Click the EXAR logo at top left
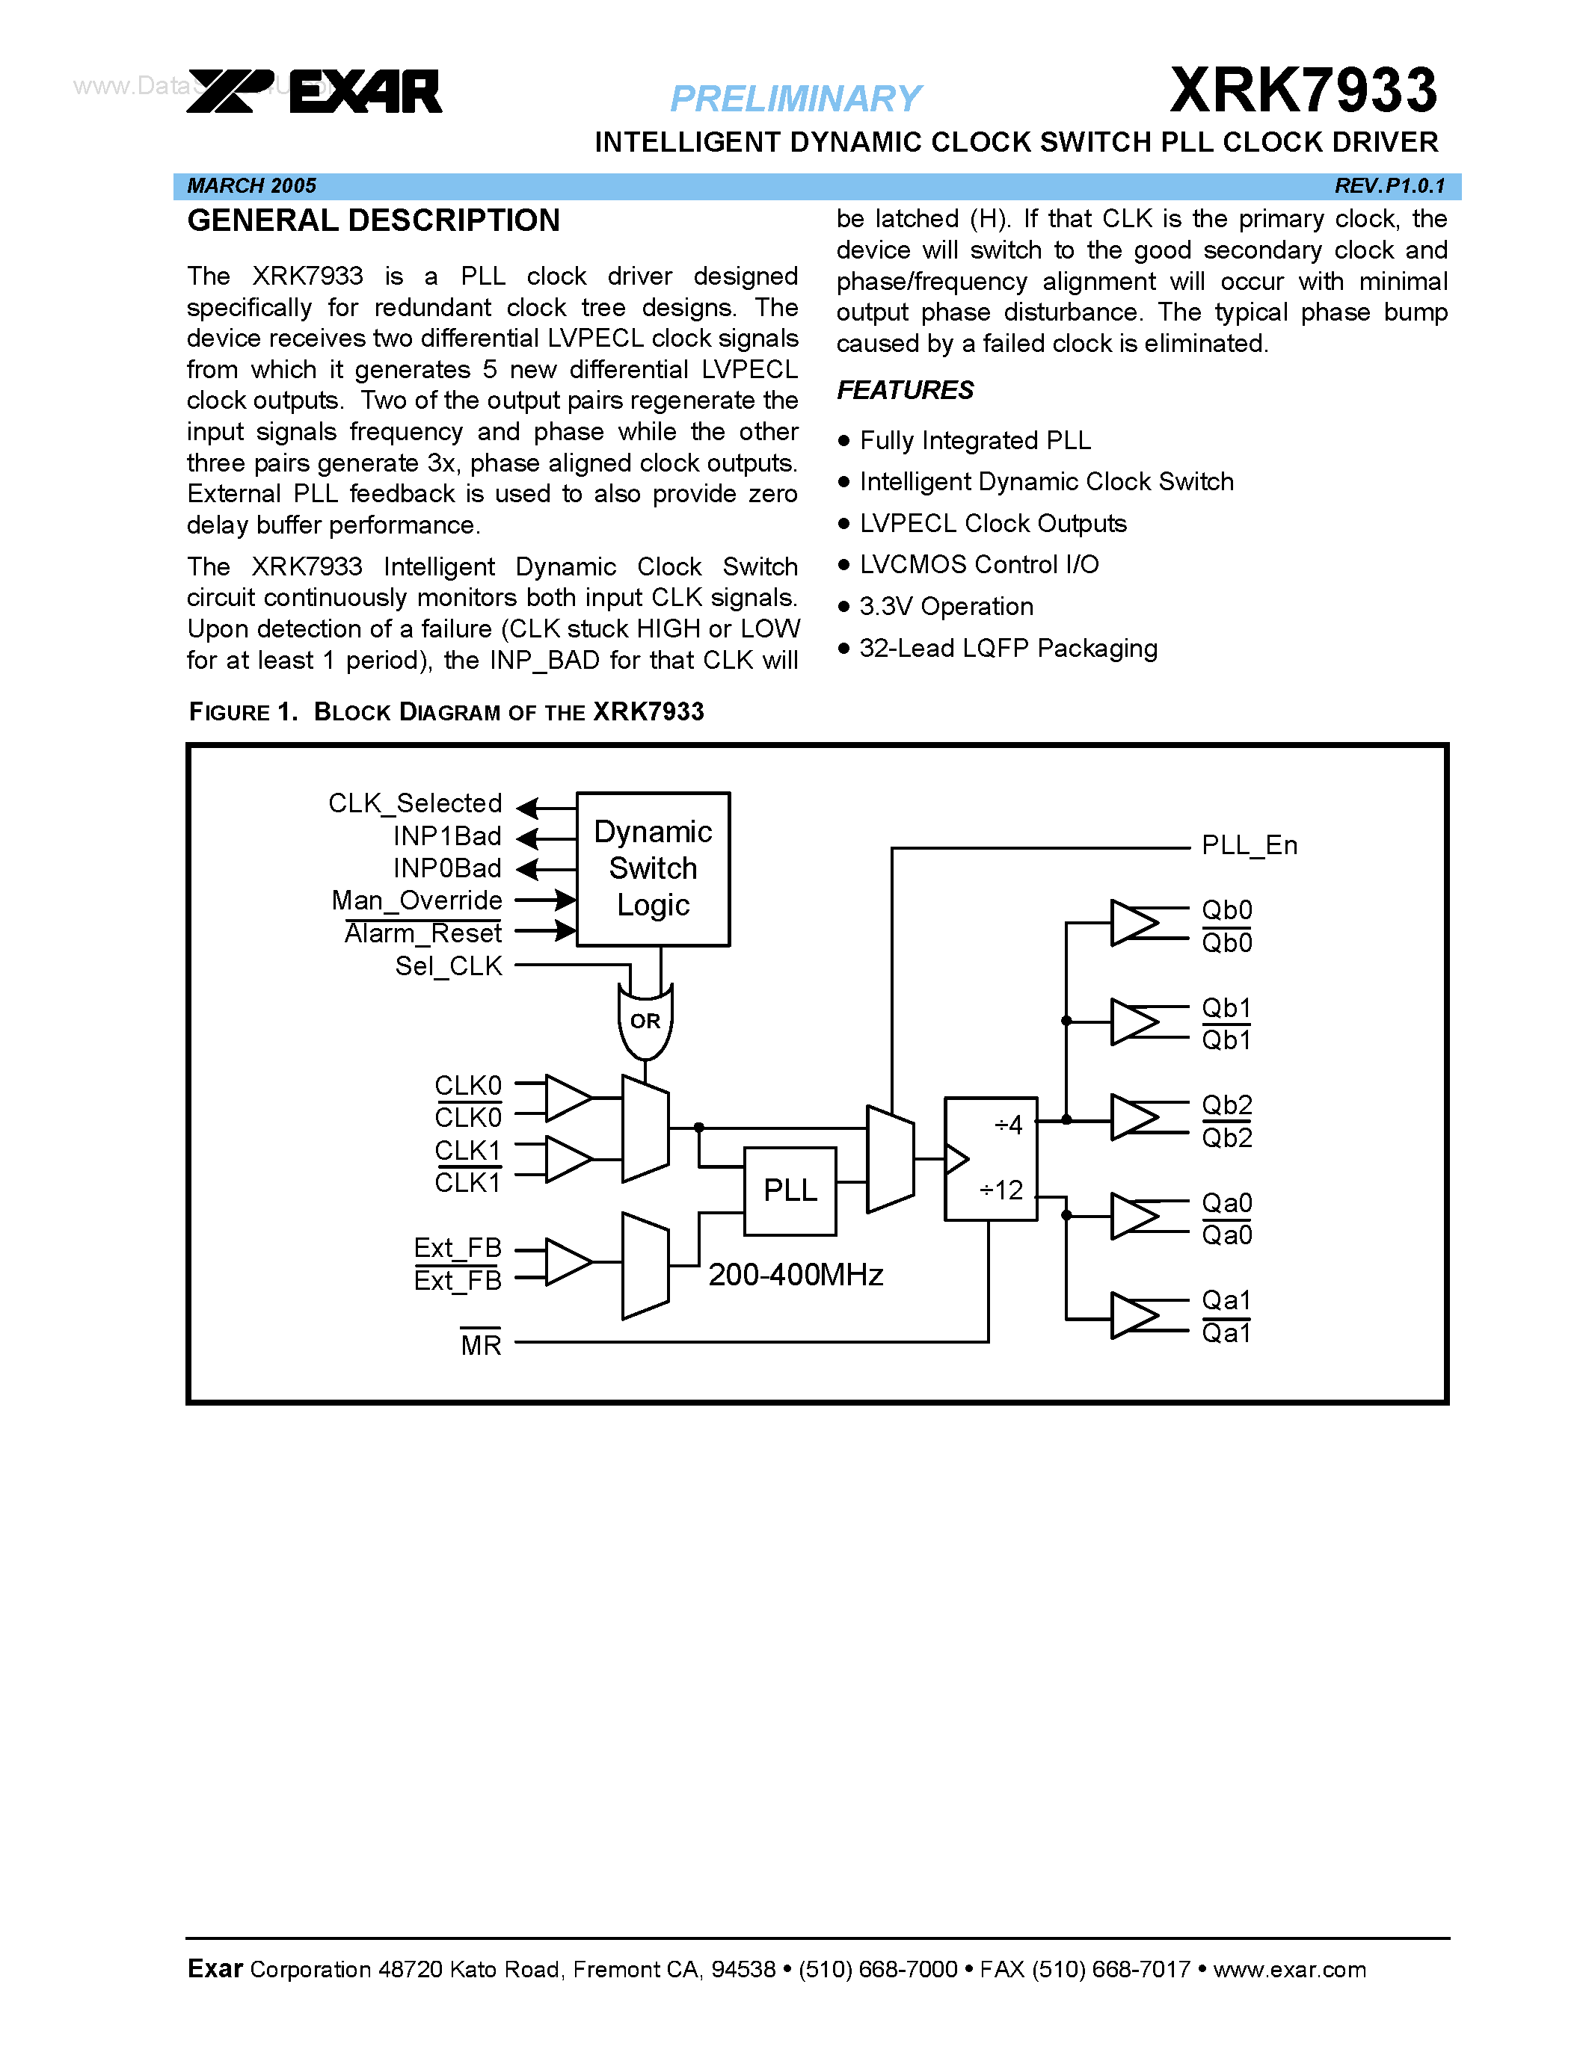point(314,91)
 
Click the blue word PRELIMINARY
point(796,99)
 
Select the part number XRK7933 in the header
point(1303,90)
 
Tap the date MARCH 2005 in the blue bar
point(251,185)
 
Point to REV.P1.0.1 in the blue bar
point(1389,185)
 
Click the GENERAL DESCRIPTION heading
point(373,221)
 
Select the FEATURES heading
point(905,389)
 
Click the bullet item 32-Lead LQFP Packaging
point(1007,649)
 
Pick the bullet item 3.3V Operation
point(945,607)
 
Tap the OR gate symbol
point(645,1021)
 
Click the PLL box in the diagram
point(790,1190)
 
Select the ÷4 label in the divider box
point(1007,1125)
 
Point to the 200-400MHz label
point(796,1275)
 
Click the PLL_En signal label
point(1250,845)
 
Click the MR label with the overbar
point(480,1344)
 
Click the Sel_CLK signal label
point(448,966)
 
